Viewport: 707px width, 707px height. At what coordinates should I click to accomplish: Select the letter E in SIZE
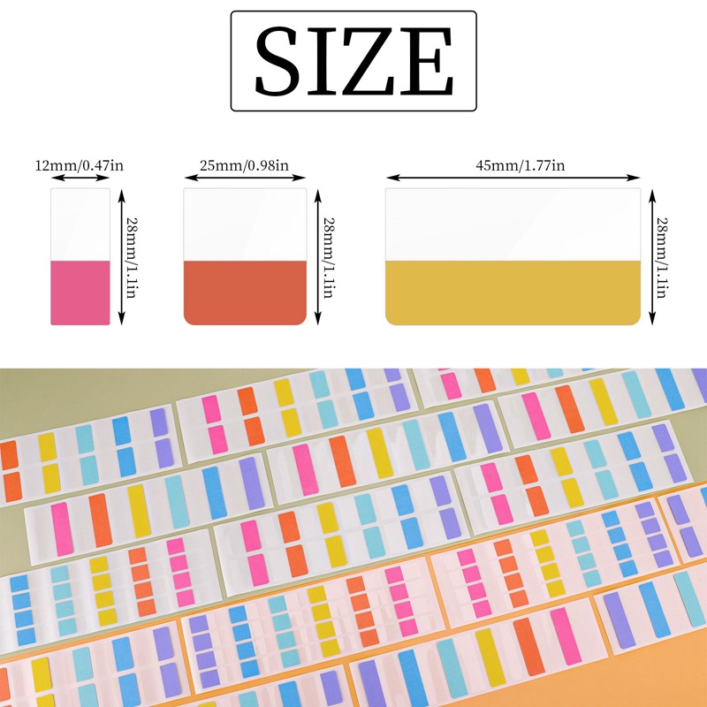(x=433, y=61)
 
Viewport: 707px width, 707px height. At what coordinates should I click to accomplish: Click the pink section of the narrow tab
(x=80, y=293)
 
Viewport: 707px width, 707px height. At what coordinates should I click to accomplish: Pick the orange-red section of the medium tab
(x=245, y=293)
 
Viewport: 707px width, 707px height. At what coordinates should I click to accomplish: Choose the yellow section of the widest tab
(x=513, y=293)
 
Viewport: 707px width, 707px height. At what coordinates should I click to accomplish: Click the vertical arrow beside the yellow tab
(x=654, y=256)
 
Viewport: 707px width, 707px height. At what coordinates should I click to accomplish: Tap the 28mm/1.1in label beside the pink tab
(x=133, y=256)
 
